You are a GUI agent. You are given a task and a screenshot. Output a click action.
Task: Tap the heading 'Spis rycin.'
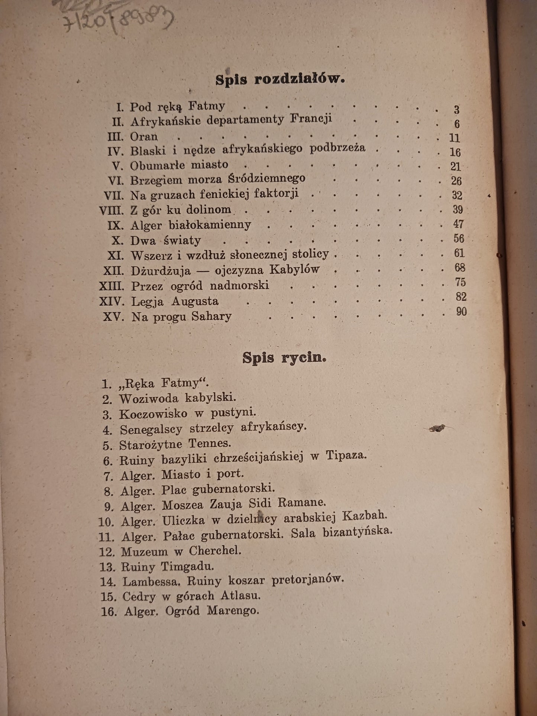coord(284,357)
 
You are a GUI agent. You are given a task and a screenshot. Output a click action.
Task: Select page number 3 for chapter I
coord(457,110)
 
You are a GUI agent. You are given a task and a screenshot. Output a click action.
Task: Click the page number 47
coord(458,224)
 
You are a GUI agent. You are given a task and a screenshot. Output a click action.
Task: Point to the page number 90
coord(461,311)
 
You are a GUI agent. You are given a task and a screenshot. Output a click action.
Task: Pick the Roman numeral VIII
coord(111,210)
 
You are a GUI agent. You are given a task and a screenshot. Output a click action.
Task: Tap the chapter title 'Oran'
coord(144,136)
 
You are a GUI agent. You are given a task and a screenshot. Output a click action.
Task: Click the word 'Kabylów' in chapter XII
coord(295,269)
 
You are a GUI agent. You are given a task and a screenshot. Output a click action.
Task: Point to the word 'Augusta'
coord(195,301)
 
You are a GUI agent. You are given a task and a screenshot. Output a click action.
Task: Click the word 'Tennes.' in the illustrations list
coord(210,443)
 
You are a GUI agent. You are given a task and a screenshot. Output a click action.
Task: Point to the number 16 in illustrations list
coord(109,612)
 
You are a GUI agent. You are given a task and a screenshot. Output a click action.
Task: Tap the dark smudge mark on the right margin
coord(437,429)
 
